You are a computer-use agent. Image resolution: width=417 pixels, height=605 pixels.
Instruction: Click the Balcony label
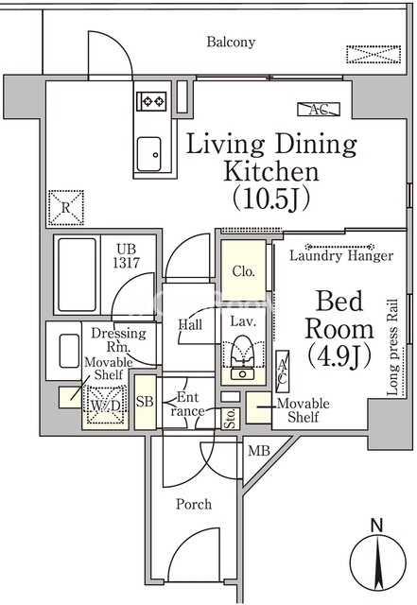[231, 42]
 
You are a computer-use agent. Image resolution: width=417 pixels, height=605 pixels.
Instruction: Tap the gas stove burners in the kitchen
[151, 101]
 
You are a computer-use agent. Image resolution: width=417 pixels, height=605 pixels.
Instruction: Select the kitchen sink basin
[149, 154]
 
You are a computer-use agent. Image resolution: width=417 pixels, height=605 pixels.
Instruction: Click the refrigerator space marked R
[66, 208]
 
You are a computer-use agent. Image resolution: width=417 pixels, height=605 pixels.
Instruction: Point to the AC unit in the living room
[319, 110]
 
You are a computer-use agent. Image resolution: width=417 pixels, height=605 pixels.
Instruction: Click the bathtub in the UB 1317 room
[77, 274]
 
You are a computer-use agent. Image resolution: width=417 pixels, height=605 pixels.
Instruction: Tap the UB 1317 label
[127, 256]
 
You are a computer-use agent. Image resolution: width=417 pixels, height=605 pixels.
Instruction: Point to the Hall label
[190, 324]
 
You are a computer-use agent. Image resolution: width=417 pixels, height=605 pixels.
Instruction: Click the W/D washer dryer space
[105, 406]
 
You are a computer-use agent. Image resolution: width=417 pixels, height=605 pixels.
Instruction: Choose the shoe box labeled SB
[146, 403]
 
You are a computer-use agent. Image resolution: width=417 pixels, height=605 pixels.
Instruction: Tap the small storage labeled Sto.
[231, 418]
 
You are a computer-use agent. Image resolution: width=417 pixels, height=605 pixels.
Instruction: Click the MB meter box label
[259, 451]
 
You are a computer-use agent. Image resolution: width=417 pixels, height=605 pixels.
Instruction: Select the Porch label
[194, 505]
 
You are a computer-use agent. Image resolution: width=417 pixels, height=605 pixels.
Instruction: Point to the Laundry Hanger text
[341, 255]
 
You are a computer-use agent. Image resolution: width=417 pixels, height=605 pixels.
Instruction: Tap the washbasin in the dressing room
[70, 351]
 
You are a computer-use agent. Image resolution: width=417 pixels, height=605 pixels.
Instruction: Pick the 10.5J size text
[271, 199]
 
